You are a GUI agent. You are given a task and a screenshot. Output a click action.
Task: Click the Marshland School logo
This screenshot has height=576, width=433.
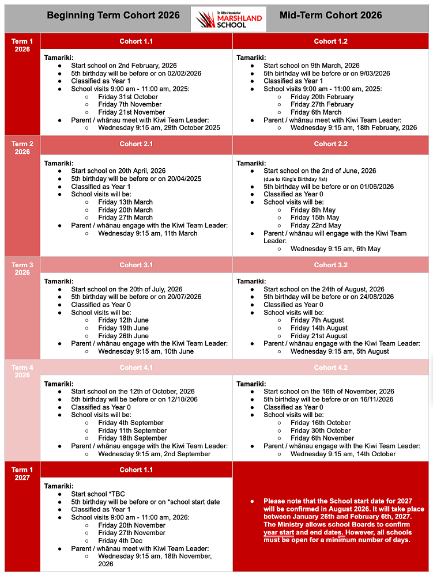click(x=229, y=18)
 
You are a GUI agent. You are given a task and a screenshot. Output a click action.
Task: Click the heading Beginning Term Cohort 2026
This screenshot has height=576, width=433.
click(x=113, y=16)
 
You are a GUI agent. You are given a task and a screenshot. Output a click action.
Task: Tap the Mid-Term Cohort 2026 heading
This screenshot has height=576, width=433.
click(x=330, y=16)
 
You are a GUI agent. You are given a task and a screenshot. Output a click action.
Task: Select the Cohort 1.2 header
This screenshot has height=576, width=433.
click(x=330, y=41)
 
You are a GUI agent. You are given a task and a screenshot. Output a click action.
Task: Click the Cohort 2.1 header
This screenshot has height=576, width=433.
click(x=136, y=144)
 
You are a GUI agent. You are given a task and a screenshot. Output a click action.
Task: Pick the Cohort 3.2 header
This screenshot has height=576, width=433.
click(x=330, y=265)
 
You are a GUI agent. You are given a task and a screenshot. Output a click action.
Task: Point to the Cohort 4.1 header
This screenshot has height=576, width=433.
click(x=136, y=367)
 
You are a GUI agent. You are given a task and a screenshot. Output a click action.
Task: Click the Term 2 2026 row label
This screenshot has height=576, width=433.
click(x=22, y=148)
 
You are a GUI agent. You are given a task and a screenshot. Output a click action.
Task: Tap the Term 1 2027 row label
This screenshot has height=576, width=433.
click(x=22, y=473)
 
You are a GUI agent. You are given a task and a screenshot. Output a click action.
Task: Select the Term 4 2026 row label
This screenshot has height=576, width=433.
click(x=22, y=371)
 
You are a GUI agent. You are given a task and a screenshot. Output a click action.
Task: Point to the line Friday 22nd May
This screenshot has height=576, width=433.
click(x=315, y=226)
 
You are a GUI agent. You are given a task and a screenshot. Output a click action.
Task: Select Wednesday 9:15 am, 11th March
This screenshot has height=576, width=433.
click(x=148, y=233)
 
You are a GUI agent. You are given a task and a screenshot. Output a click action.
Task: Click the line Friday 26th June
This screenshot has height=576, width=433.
click(x=123, y=336)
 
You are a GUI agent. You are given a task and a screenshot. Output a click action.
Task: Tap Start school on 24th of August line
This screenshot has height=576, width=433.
click(x=323, y=289)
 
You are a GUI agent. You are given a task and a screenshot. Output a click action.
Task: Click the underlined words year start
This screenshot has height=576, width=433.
click(x=279, y=533)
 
